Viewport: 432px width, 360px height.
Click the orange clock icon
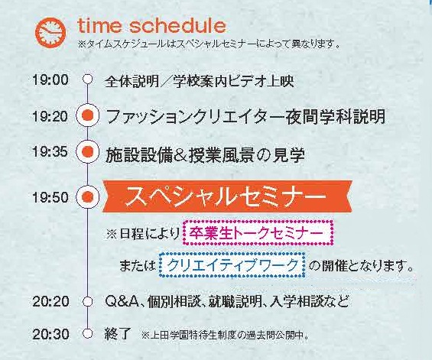50,32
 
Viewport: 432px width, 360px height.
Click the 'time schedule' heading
152,26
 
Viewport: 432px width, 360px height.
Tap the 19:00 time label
50,80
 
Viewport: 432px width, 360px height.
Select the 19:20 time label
50,116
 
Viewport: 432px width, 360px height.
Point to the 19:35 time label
50,151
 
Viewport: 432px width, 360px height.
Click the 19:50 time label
50,197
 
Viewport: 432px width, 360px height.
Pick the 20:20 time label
50,301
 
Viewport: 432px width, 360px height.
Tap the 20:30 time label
50,334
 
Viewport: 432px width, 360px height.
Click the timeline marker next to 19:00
88,79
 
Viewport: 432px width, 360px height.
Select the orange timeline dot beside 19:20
88,115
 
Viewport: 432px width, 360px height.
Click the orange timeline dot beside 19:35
88,151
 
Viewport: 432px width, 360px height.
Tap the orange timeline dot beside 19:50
88,196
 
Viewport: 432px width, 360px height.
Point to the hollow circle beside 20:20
88,301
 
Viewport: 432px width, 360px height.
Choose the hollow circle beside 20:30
88,333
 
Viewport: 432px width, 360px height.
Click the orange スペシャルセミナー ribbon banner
227,196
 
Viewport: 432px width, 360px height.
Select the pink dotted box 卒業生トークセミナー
258,233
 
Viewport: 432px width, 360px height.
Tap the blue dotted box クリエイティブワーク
232,265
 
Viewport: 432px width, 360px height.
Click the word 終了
117,334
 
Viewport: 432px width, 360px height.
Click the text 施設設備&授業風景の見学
205,155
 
